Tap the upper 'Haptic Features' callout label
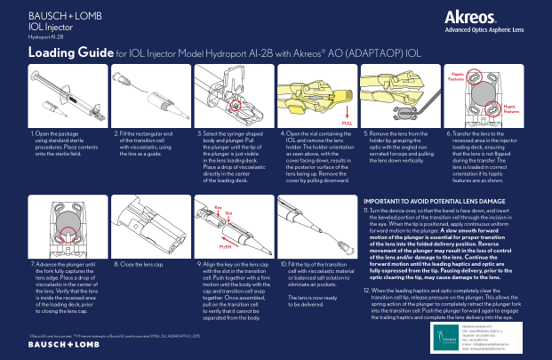pyautogui.click(x=456, y=77)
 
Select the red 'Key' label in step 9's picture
pyautogui.click(x=217, y=207)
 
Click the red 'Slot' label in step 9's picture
pyautogui.click(x=228, y=213)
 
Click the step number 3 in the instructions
pyautogui.click(x=198, y=132)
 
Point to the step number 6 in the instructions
pyautogui.click(x=447, y=132)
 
